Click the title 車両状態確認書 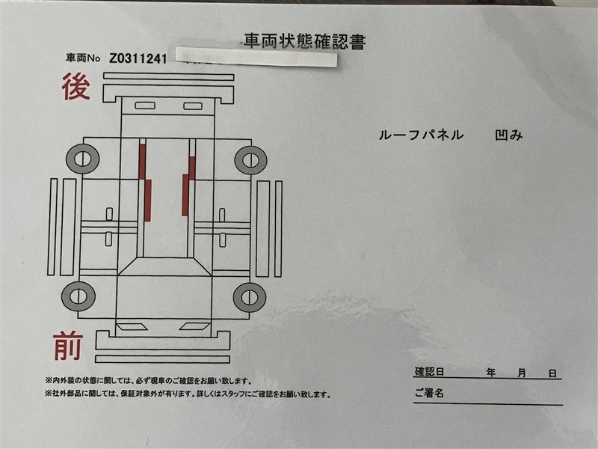[305, 42]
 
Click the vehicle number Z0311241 [138, 59]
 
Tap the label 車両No [83, 58]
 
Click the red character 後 [76, 87]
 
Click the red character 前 [68, 346]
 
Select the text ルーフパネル [421, 135]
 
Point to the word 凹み [508, 135]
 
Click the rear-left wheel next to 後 [83, 159]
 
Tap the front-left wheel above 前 [78, 296]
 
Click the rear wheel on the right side [250, 160]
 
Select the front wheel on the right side [250, 297]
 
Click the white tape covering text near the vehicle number [256, 57]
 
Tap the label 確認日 [429, 371]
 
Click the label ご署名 [429, 393]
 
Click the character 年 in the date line [491, 373]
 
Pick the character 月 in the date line [521, 373]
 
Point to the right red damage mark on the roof [189, 186]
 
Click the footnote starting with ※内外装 [148, 381]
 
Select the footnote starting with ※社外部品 [188, 394]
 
